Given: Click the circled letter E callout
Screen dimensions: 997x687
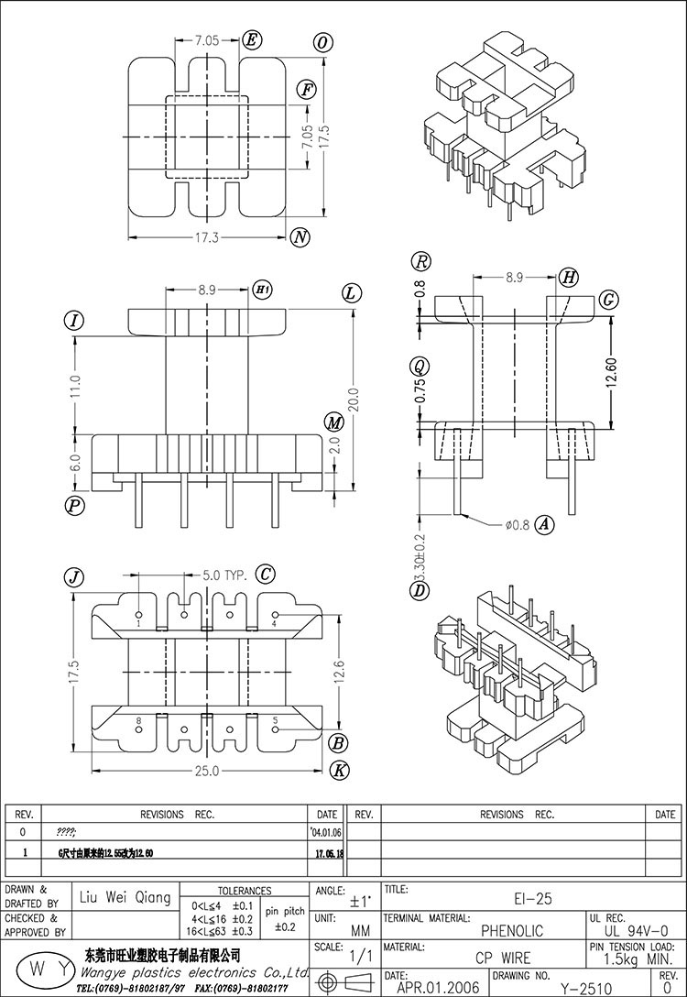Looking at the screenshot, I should point(252,39).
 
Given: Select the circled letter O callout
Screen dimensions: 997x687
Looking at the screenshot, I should point(322,43).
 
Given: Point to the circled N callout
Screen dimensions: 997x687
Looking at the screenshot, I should point(300,238).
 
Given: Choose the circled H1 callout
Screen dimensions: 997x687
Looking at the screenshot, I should point(262,290).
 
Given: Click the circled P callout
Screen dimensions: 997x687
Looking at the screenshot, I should point(74,505).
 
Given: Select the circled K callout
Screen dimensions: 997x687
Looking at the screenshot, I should point(339,770).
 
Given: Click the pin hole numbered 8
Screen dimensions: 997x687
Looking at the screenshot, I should point(138,730).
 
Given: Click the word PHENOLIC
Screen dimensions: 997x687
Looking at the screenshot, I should point(512,931).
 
